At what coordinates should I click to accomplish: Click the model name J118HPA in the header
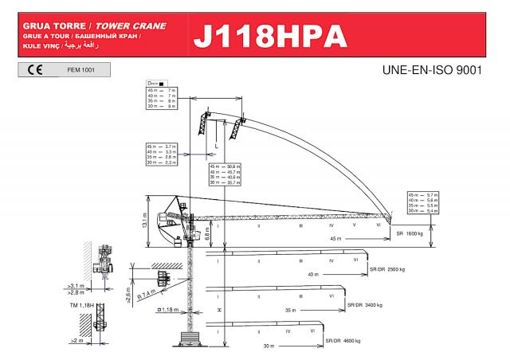point(269,37)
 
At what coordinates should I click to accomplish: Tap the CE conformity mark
point(35,70)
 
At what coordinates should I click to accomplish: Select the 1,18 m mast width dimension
point(167,309)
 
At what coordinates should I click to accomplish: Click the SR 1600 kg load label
point(410,234)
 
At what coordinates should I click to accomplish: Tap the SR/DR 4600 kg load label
point(343,341)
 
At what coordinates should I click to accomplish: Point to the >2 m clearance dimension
point(76,341)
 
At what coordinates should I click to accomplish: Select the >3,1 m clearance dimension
point(76,285)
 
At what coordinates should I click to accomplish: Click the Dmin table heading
point(155,84)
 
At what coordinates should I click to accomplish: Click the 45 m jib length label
point(335,238)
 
